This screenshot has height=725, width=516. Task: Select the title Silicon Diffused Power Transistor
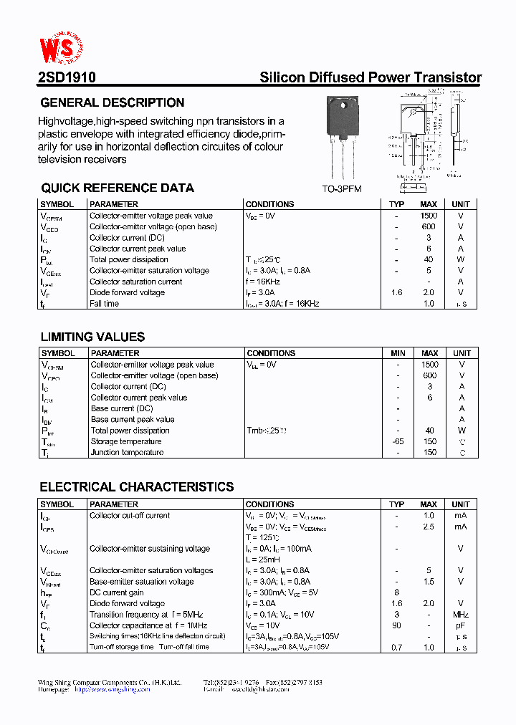(x=370, y=78)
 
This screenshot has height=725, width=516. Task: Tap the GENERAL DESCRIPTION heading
(x=113, y=102)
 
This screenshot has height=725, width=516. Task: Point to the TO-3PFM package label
(x=342, y=189)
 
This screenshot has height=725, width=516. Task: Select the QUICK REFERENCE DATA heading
(x=118, y=188)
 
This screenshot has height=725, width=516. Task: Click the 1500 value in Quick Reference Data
(x=429, y=216)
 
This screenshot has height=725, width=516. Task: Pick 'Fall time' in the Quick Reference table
(x=105, y=304)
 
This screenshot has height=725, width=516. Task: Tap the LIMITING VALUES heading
(x=92, y=337)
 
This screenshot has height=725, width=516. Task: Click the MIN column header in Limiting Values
(x=398, y=353)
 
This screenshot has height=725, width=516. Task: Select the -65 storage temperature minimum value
(x=398, y=442)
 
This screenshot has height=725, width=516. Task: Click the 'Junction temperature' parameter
(x=127, y=453)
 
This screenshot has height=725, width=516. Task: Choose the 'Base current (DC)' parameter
(x=122, y=408)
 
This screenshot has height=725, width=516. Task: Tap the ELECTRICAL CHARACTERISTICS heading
(x=137, y=487)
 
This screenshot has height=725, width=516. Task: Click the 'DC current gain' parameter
(x=116, y=592)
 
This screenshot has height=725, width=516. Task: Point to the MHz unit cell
(x=461, y=615)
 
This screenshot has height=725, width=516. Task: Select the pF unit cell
(x=461, y=625)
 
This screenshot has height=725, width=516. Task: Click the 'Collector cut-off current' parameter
(x=130, y=515)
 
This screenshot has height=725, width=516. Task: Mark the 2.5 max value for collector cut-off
(x=429, y=527)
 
